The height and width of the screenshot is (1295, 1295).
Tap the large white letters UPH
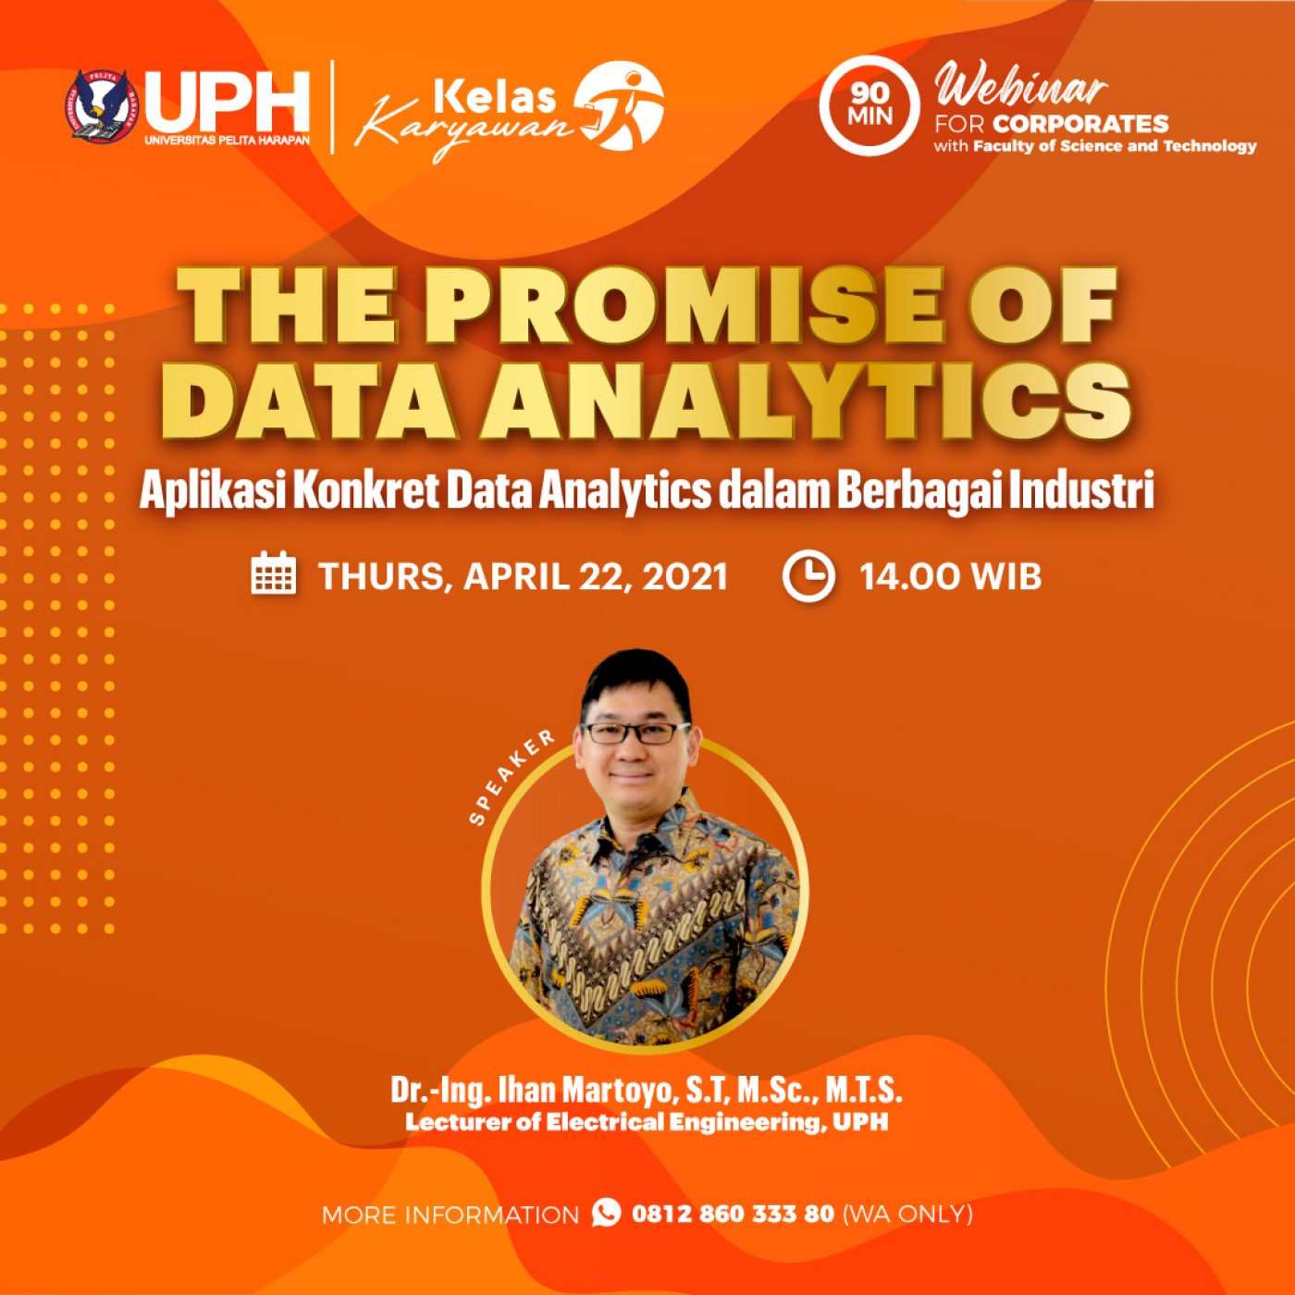point(228,102)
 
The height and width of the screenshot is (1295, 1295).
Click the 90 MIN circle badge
point(869,105)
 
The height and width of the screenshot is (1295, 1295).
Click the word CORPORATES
point(1080,124)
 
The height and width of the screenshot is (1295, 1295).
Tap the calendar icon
point(274,572)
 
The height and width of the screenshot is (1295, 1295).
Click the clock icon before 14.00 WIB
point(808,576)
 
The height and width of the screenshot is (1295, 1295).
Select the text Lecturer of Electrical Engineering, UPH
point(647,1122)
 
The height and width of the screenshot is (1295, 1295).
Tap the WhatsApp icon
point(606,1213)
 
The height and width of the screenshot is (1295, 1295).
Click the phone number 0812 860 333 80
point(733,1214)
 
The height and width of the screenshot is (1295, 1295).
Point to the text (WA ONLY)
point(907,1214)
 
